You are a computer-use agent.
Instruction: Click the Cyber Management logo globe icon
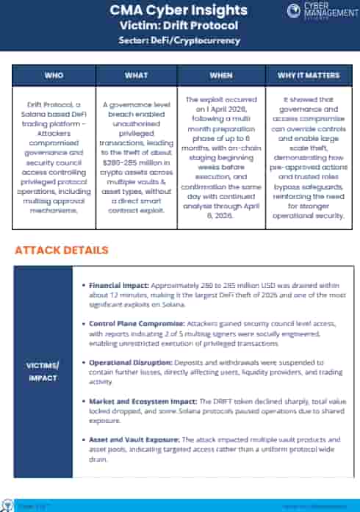pyautogui.click(x=293, y=11)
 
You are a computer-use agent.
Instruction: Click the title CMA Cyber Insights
pyautogui.click(x=179, y=10)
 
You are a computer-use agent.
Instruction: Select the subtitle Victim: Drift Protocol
pyautogui.click(x=179, y=26)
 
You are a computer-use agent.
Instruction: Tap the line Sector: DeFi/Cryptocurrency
pyautogui.click(x=179, y=40)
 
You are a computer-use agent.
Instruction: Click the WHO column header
pyautogui.click(x=54, y=76)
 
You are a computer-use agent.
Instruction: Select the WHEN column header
pyautogui.click(x=221, y=76)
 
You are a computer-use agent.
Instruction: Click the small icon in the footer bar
pyautogui.click(x=8, y=505)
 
